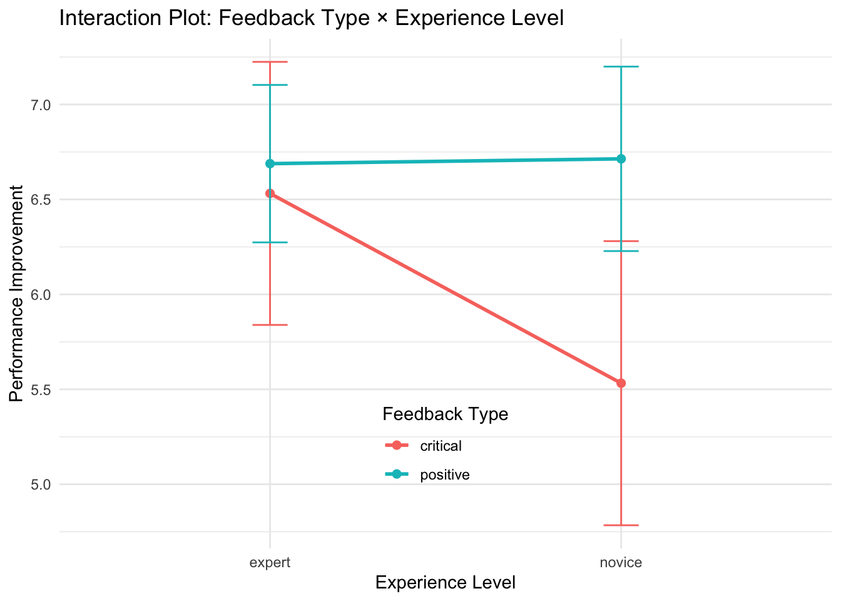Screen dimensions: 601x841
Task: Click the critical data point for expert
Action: pos(270,193)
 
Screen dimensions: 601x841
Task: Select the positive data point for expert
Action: pos(270,163)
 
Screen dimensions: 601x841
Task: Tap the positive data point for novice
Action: pos(621,159)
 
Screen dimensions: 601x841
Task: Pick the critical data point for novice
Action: pos(621,383)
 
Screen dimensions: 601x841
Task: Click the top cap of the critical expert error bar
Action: pos(270,62)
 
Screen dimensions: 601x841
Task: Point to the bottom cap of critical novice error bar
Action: pos(621,525)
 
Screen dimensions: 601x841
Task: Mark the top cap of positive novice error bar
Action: pos(621,66)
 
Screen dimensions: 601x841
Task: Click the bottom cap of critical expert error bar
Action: pos(270,325)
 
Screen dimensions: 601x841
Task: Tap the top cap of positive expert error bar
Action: pos(270,85)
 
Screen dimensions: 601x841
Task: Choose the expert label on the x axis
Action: pos(270,562)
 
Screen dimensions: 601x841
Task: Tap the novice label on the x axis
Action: pos(621,562)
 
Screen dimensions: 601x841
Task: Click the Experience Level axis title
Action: pos(446,583)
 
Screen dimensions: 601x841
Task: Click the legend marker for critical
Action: pos(396,446)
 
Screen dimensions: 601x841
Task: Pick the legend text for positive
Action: pos(445,475)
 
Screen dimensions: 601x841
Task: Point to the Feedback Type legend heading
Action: pos(445,414)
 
